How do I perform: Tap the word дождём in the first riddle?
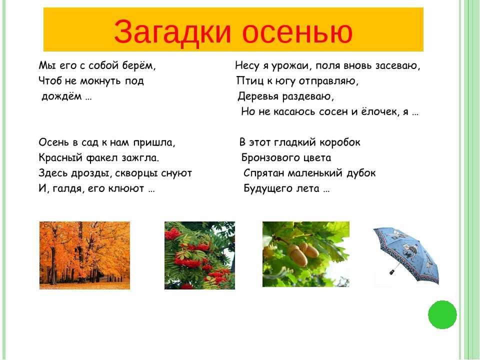pyautogui.click(x=61, y=96)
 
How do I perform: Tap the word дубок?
pyautogui.click(x=361, y=173)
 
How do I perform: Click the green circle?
pyautogui.click(x=442, y=314)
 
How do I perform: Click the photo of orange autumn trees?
pyautogui.click(x=85, y=255)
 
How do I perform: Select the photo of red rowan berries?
pyautogui.click(x=199, y=255)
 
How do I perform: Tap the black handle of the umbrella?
pyautogui.click(x=392, y=271)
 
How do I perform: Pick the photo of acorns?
pyautogui.click(x=306, y=254)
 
